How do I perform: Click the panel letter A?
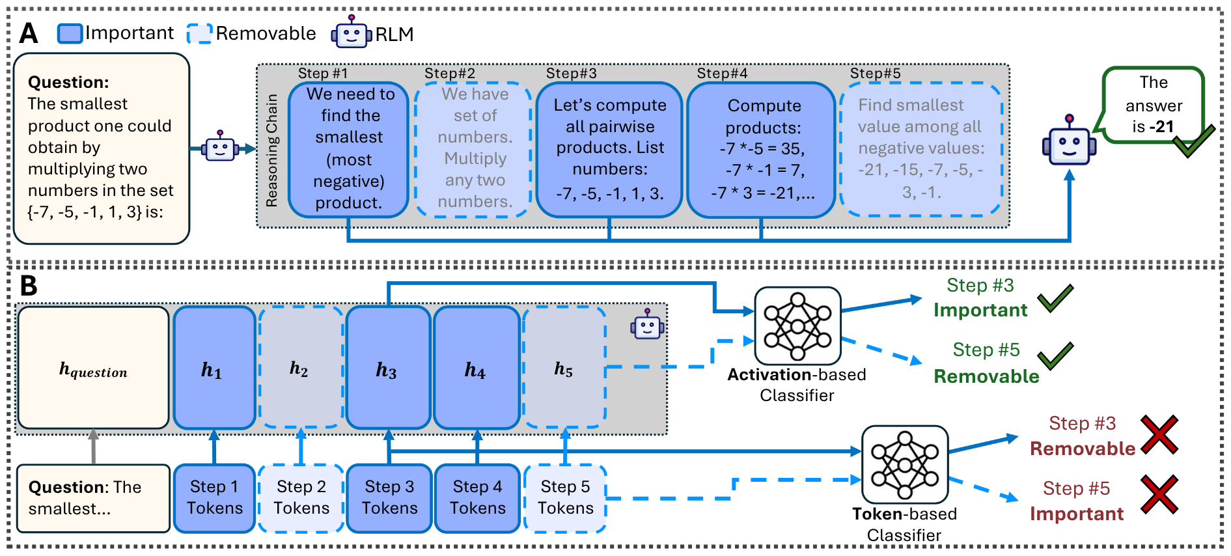[28, 33]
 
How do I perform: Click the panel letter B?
[28, 286]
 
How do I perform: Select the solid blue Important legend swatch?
[70, 33]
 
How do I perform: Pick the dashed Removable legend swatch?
[199, 33]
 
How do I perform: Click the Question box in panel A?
[102, 148]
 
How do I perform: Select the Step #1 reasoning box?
[349, 149]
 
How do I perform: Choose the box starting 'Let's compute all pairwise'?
[609, 149]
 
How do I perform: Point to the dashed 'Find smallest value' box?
[920, 149]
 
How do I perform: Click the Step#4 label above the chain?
[722, 74]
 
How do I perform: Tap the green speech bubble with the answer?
[1153, 105]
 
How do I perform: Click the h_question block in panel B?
[94, 368]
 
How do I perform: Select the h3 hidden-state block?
[388, 368]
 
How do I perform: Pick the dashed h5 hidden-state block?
[564, 368]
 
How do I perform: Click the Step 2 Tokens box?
[301, 498]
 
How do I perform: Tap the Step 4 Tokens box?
[477, 498]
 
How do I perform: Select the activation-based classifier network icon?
[797, 326]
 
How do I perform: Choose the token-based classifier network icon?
[904, 464]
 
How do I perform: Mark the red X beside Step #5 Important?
[1159, 494]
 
